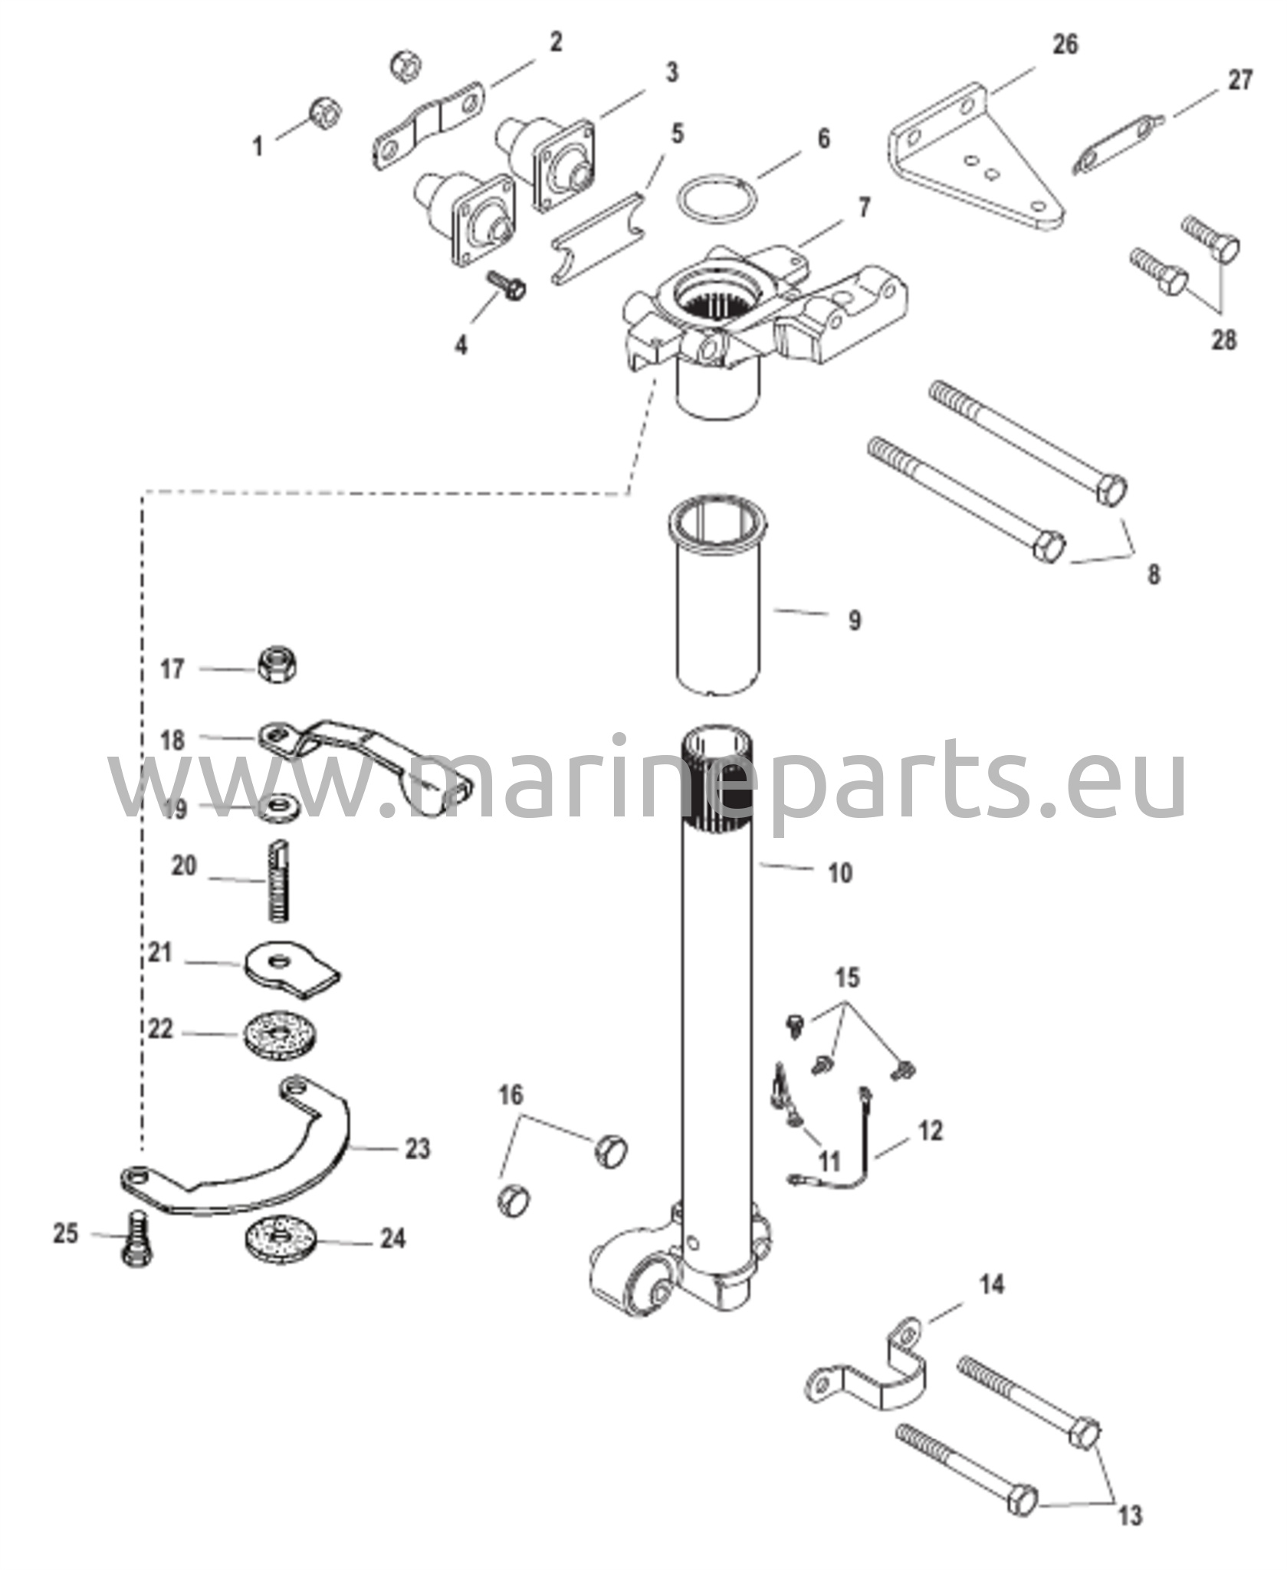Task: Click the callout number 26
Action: coord(1064,44)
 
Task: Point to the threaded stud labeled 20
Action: coord(278,881)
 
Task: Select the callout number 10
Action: coord(840,872)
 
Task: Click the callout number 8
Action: coord(1154,574)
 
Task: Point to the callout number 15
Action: coord(847,977)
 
